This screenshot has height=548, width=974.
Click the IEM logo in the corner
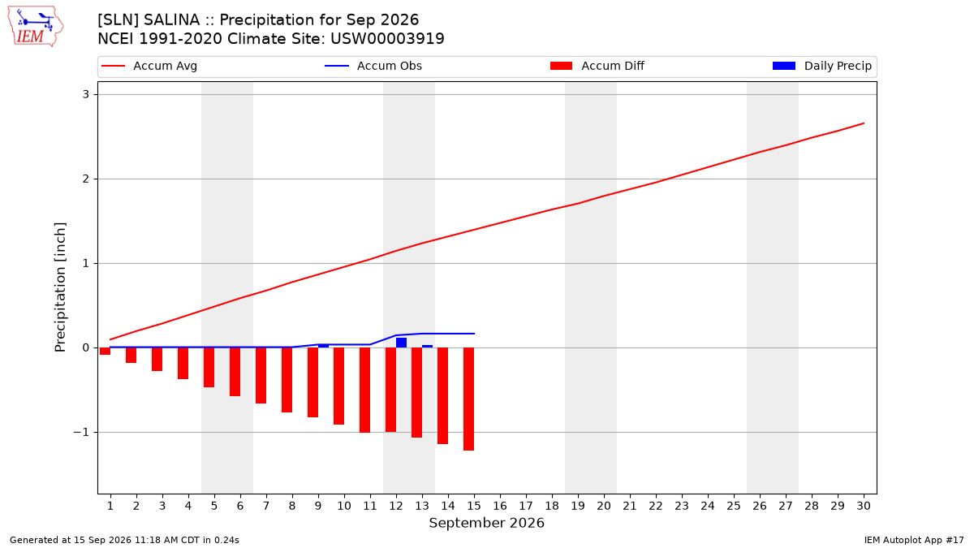coord(36,27)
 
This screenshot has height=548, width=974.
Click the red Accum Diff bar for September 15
coord(469,399)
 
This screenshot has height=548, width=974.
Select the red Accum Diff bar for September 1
coord(105,351)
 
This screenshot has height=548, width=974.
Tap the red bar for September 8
coord(287,380)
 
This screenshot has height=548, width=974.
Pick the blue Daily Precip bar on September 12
coord(401,343)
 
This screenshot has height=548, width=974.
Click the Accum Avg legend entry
coord(149,66)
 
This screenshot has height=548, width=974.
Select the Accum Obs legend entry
coord(373,66)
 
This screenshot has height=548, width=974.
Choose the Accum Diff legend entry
coord(597,66)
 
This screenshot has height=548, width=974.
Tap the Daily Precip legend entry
coord(821,66)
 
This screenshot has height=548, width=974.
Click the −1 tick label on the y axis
coord(81,432)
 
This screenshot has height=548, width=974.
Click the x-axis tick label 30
coord(864,506)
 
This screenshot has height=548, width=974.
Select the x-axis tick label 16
coord(500,506)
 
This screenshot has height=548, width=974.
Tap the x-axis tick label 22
coord(656,506)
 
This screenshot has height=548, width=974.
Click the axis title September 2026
coord(486,523)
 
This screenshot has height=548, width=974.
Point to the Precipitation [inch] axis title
coord(60,287)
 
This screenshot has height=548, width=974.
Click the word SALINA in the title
coord(171,20)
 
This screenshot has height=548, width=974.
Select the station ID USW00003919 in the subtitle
coord(387,39)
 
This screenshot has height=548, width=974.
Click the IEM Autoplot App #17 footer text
coord(914,540)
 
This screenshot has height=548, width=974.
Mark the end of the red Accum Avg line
coord(864,123)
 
